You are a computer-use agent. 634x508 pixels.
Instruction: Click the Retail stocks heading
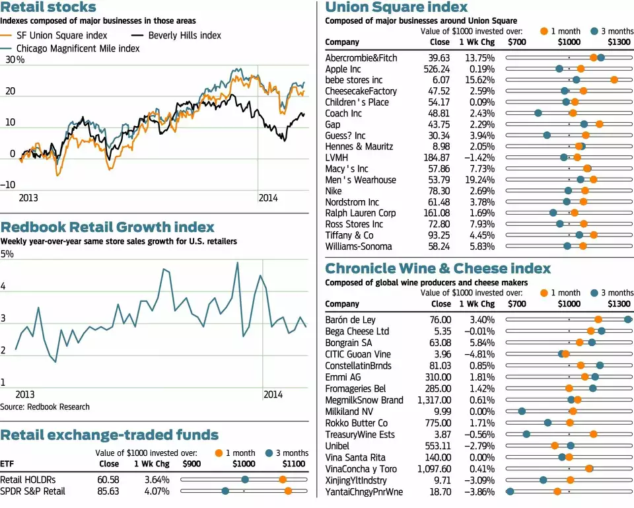click(x=48, y=7)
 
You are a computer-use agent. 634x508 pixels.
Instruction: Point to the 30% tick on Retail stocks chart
click(x=15, y=60)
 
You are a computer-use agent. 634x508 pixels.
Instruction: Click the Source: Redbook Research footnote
click(x=45, y=406)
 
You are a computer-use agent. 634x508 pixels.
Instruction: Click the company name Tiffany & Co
click(x=349, y=235)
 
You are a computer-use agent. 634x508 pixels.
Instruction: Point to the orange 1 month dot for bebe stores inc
click(x=614, y=80)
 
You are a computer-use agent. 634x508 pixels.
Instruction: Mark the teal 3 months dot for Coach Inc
click(x=538, y=113)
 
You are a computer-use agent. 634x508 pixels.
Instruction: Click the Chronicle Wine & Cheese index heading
click(x=438, y=268)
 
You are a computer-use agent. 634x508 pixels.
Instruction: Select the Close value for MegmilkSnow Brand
click(x=434, y=400)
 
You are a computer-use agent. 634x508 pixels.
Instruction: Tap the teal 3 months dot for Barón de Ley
click(x=627, y=320)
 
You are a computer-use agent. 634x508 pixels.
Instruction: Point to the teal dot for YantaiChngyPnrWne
click(x=510, y=492)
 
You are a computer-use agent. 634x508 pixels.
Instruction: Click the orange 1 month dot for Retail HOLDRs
click(x=283, y=480)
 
